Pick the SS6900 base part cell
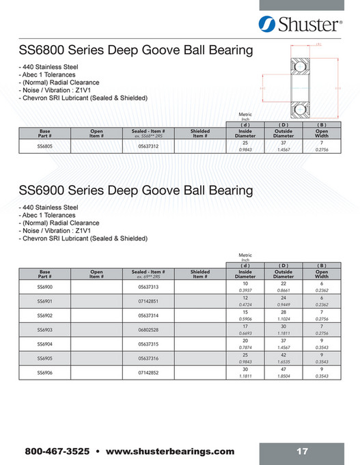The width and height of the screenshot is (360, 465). [x=46, y=287]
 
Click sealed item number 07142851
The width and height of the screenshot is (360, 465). [x=149, y=301]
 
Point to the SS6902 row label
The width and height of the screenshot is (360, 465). [x=46, y=315]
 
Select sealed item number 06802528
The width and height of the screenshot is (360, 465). [x=149, y=330]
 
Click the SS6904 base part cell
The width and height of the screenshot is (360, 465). [x=46, y=344]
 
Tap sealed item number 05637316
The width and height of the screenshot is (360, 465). [x=149, y=358]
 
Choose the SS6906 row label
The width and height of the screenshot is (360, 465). [x=46, y=372]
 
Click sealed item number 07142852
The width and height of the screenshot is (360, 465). [x=149, y=372]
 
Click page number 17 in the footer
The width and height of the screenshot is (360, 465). [x=303, y=451]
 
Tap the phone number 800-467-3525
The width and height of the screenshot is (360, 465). [x=58, y=451]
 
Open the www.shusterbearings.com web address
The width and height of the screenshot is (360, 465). [x=171, y=451]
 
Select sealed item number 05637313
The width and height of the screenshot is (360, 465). [x=149, y=287]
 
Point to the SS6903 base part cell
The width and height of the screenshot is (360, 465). [x=46, y=330]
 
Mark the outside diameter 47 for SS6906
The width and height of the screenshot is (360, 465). [x=283, y=369]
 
